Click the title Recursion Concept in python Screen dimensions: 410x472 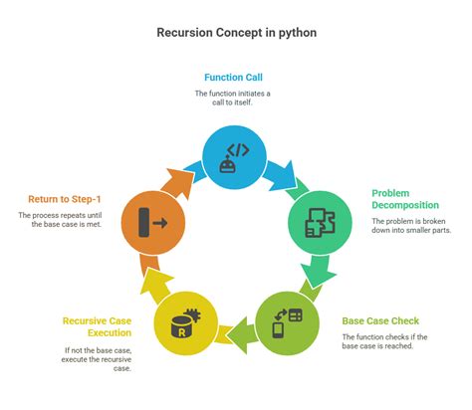(236, 32)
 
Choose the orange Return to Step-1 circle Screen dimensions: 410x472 (151, 220)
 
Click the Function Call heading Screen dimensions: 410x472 (236, 78)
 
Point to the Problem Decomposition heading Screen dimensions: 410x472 (404, 199)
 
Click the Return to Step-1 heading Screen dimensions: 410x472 (59, 199)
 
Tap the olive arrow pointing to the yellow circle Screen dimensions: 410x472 (236, 328)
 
